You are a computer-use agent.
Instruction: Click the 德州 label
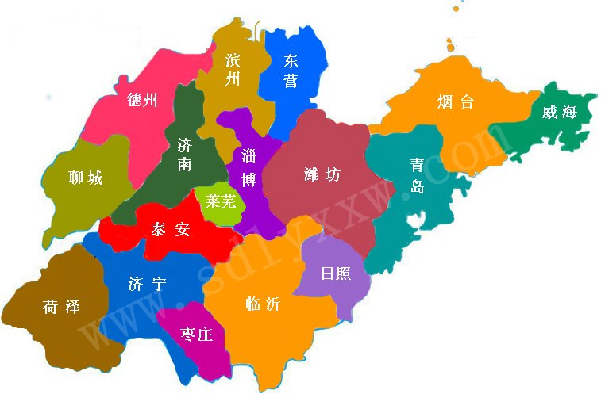(x=142, y=100)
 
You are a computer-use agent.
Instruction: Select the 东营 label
(x=291, y=70)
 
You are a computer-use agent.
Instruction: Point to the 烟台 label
(x=456, y=101)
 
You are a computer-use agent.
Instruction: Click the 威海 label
(x=559, y=112)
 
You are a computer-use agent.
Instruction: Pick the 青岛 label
(x=417, y=175)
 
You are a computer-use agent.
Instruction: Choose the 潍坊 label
(x=322, y=174)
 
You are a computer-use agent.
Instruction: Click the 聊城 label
(x=86, y=178)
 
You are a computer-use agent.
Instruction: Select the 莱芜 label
(x=220, y=201)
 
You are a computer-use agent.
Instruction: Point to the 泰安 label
(x=171, y=230)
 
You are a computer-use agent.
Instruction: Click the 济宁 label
(x=146, y=283)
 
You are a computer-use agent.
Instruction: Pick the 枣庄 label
(x=196, y=335)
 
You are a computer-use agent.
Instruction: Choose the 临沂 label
(x=262, y=304)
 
